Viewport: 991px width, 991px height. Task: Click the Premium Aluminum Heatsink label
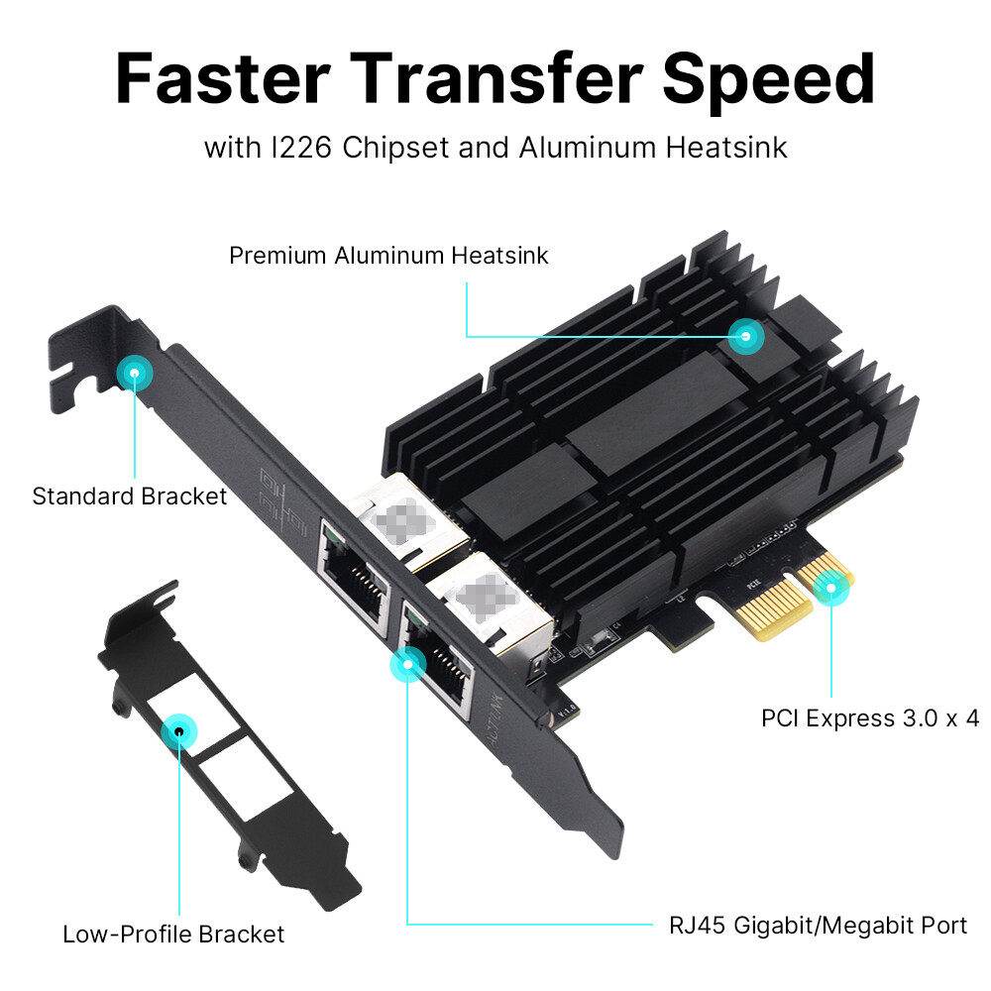(x=388, y=255)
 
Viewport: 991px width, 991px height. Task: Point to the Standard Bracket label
(x=130, y=495)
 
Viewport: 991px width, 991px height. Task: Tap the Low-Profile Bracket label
(x=173, y=934)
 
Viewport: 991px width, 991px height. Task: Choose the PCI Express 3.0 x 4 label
(x=870, y=717)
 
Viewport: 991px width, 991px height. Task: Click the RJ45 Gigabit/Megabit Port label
(x=818, y=926)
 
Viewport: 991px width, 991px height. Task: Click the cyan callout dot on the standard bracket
(x=134, y=374)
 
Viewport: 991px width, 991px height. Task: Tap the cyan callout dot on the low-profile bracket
(x=179, y=732)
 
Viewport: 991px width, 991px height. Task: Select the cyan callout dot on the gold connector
(x=831, y=592)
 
